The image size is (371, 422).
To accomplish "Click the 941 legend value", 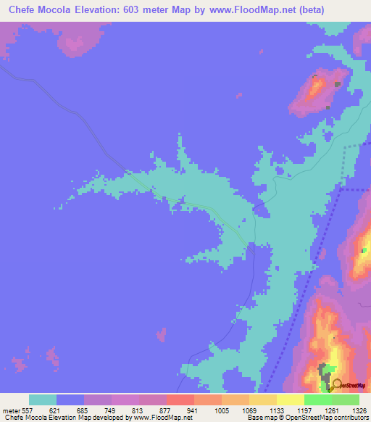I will [x=193, y=410].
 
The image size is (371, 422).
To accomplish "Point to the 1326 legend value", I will [x=358, y=410].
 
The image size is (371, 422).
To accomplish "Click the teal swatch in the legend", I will [x=43, y=400].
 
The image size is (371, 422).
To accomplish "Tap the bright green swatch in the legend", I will [x=318, y=400].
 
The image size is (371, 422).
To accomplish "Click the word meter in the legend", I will [x=10, y=410].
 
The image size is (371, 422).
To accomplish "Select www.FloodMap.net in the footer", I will [x=167, y=418].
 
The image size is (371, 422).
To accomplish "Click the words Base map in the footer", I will [x=259, y=418].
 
